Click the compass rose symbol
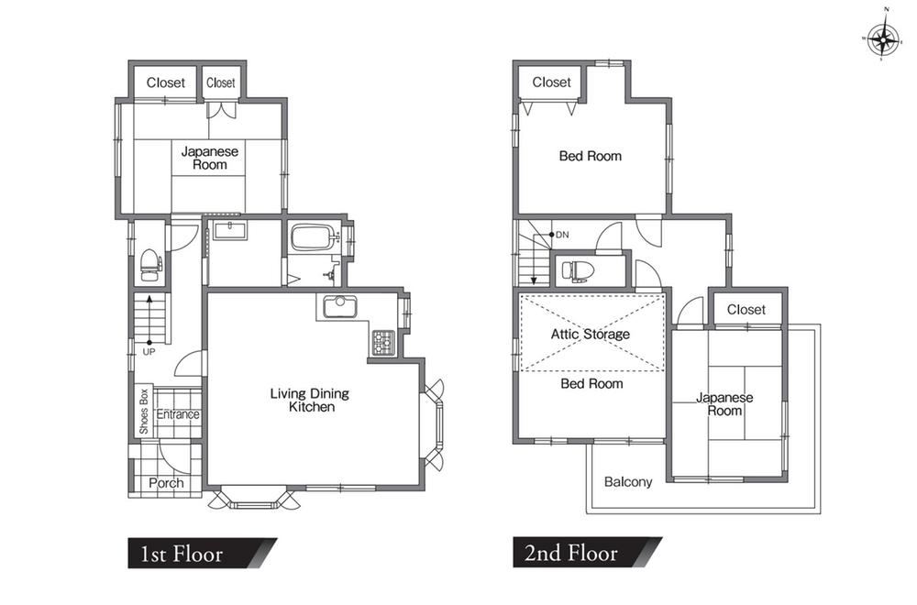(883, 39)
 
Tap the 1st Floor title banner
(203, 553)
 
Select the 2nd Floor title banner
(587, 553)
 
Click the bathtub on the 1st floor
(315, 238)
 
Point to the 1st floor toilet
(151, 266)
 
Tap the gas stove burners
(383, 343)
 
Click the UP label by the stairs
(149, 352)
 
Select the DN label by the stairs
(562, 235)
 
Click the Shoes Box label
(144, 412)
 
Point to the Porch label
(166, 483)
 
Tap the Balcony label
(628, 481)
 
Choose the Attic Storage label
(590, 334)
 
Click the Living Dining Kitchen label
(310, 400)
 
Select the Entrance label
(178, 414)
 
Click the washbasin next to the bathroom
(231, 230)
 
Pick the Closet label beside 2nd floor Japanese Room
(746, 309)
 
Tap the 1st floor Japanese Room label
(210, 158)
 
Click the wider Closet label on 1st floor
(165, 82)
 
